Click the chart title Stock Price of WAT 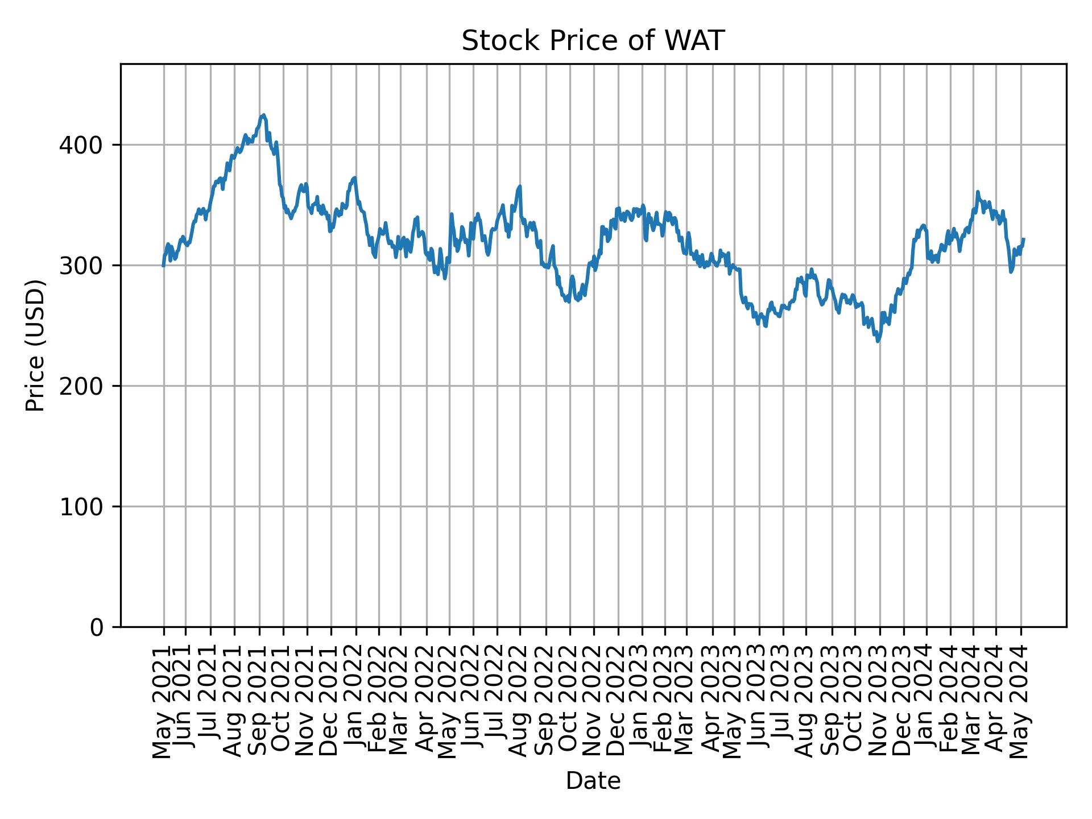click(x=593, y=42)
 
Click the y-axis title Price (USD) click(x=35, y=345)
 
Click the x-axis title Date click(x=593, y=781)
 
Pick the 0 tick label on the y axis click(x=97, y=627)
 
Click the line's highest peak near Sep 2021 click(x=263, y=115)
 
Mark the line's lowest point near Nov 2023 click(x=878, y=341)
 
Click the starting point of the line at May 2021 click(x=164, y=265)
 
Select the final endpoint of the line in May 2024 click(x=1023, y=239)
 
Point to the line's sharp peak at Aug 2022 click(x=520, y=187)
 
